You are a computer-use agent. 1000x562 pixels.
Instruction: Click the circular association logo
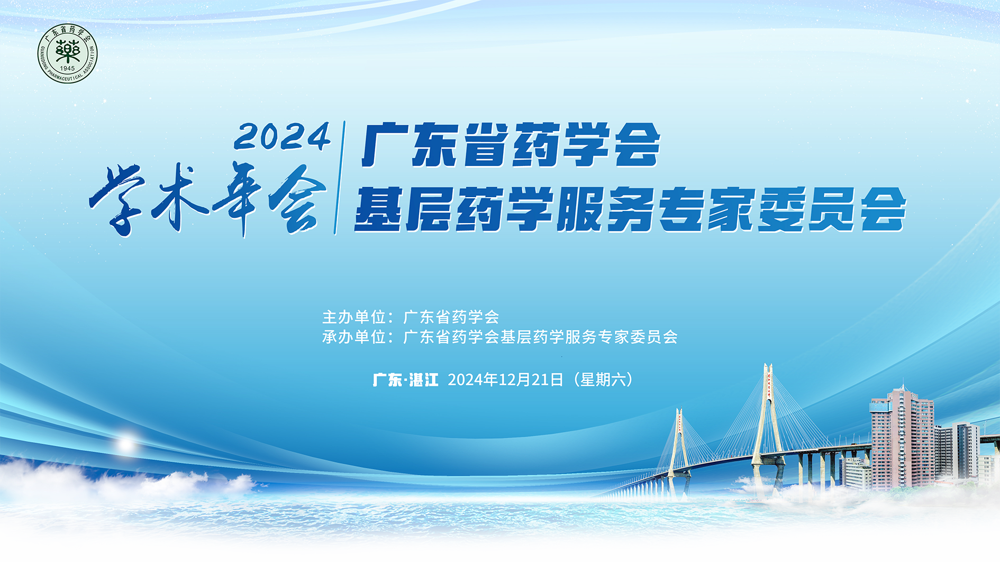coord(68,53)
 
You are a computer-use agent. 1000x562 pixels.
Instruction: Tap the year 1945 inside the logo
coord(68,69)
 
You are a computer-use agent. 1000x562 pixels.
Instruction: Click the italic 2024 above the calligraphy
coord(283,136)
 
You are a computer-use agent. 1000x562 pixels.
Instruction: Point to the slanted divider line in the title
coord(340,178)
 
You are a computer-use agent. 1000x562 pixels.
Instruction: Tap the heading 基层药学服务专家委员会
coord(631,209)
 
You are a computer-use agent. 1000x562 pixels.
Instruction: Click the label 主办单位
coord(354,317)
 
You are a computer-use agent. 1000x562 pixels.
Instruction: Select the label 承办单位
coord(354,337)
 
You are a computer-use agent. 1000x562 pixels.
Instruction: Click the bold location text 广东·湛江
coord(406,380)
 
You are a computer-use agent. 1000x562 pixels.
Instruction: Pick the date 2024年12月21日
coord(505,380)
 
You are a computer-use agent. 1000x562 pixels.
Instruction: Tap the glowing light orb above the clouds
coord(126,444)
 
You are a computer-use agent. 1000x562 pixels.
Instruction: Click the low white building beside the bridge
coord(858,473)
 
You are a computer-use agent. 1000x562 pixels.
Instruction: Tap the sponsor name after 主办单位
coord(451,317)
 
